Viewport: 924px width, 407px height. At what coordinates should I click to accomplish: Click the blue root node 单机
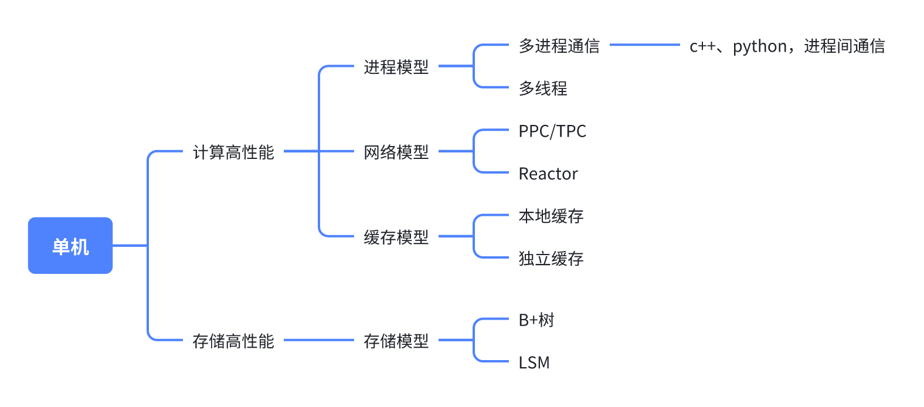(70, 246)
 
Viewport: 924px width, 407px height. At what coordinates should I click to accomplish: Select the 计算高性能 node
(233, 152)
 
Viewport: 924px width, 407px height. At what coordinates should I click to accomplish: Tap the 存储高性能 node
(233, 341)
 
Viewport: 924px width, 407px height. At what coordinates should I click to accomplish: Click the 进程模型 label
(396, 67)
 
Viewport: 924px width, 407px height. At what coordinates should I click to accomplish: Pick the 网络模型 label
(396, 152)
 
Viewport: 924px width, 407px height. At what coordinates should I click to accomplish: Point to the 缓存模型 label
(396, 238)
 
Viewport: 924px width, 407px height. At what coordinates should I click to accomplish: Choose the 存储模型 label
(396, 341)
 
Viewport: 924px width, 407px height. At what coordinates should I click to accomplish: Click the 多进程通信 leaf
(559, 46)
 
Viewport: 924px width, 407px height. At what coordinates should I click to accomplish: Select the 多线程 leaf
(543, 89)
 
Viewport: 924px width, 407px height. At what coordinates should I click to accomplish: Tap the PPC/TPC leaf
(552, 131)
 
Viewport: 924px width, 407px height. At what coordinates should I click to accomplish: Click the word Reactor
(548, 174)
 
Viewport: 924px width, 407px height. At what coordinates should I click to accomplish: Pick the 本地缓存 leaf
(551, 216)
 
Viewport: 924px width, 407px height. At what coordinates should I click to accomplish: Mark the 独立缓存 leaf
(551, 259)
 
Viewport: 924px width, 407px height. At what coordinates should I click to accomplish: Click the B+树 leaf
(536, 320)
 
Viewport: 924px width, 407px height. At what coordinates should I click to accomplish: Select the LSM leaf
(534, 363)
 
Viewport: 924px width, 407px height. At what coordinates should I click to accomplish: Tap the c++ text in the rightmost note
(702, 46)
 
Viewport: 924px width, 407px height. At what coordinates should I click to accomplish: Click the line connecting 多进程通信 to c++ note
(645, 45)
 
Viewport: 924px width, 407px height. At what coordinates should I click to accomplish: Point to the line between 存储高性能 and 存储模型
(319, 340)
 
